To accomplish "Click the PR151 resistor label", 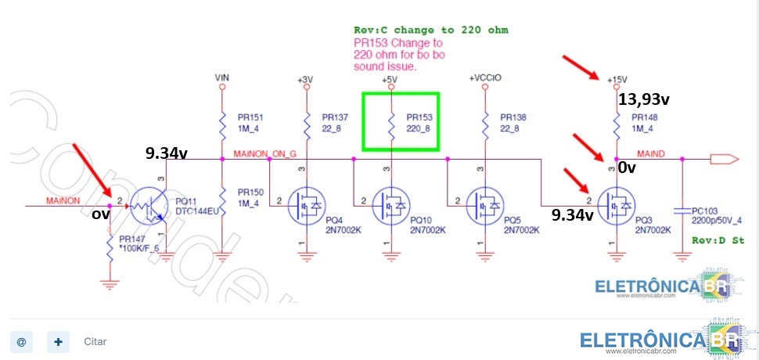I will [x=250, y=117].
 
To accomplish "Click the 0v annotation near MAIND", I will [x=626, y=167].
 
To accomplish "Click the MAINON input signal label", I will [x=63, y=200].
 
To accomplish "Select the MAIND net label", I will [x=651, y=153].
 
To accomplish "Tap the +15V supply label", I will [x=617, y=79].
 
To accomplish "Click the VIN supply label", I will [x=222, y=78].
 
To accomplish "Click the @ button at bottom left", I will [x=21, y=341].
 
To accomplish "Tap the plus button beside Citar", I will [x=58, y=341].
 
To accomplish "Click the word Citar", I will [x=95, y=342].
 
